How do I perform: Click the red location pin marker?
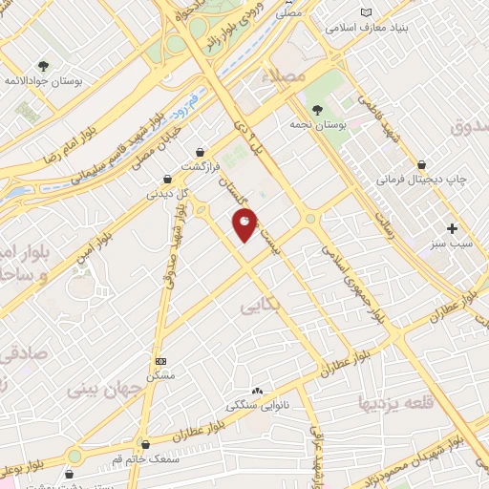(x=244, y=225)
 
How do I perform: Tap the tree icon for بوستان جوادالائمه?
(x=43, y=66)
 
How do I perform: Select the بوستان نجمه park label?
(x=317, y=124)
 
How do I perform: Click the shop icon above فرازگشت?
(x=200, y=151)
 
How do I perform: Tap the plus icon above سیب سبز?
(x=453, y=228)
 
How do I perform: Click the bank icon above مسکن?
(x=160, y=362)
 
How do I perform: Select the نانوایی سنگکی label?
(x=255, y=406)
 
